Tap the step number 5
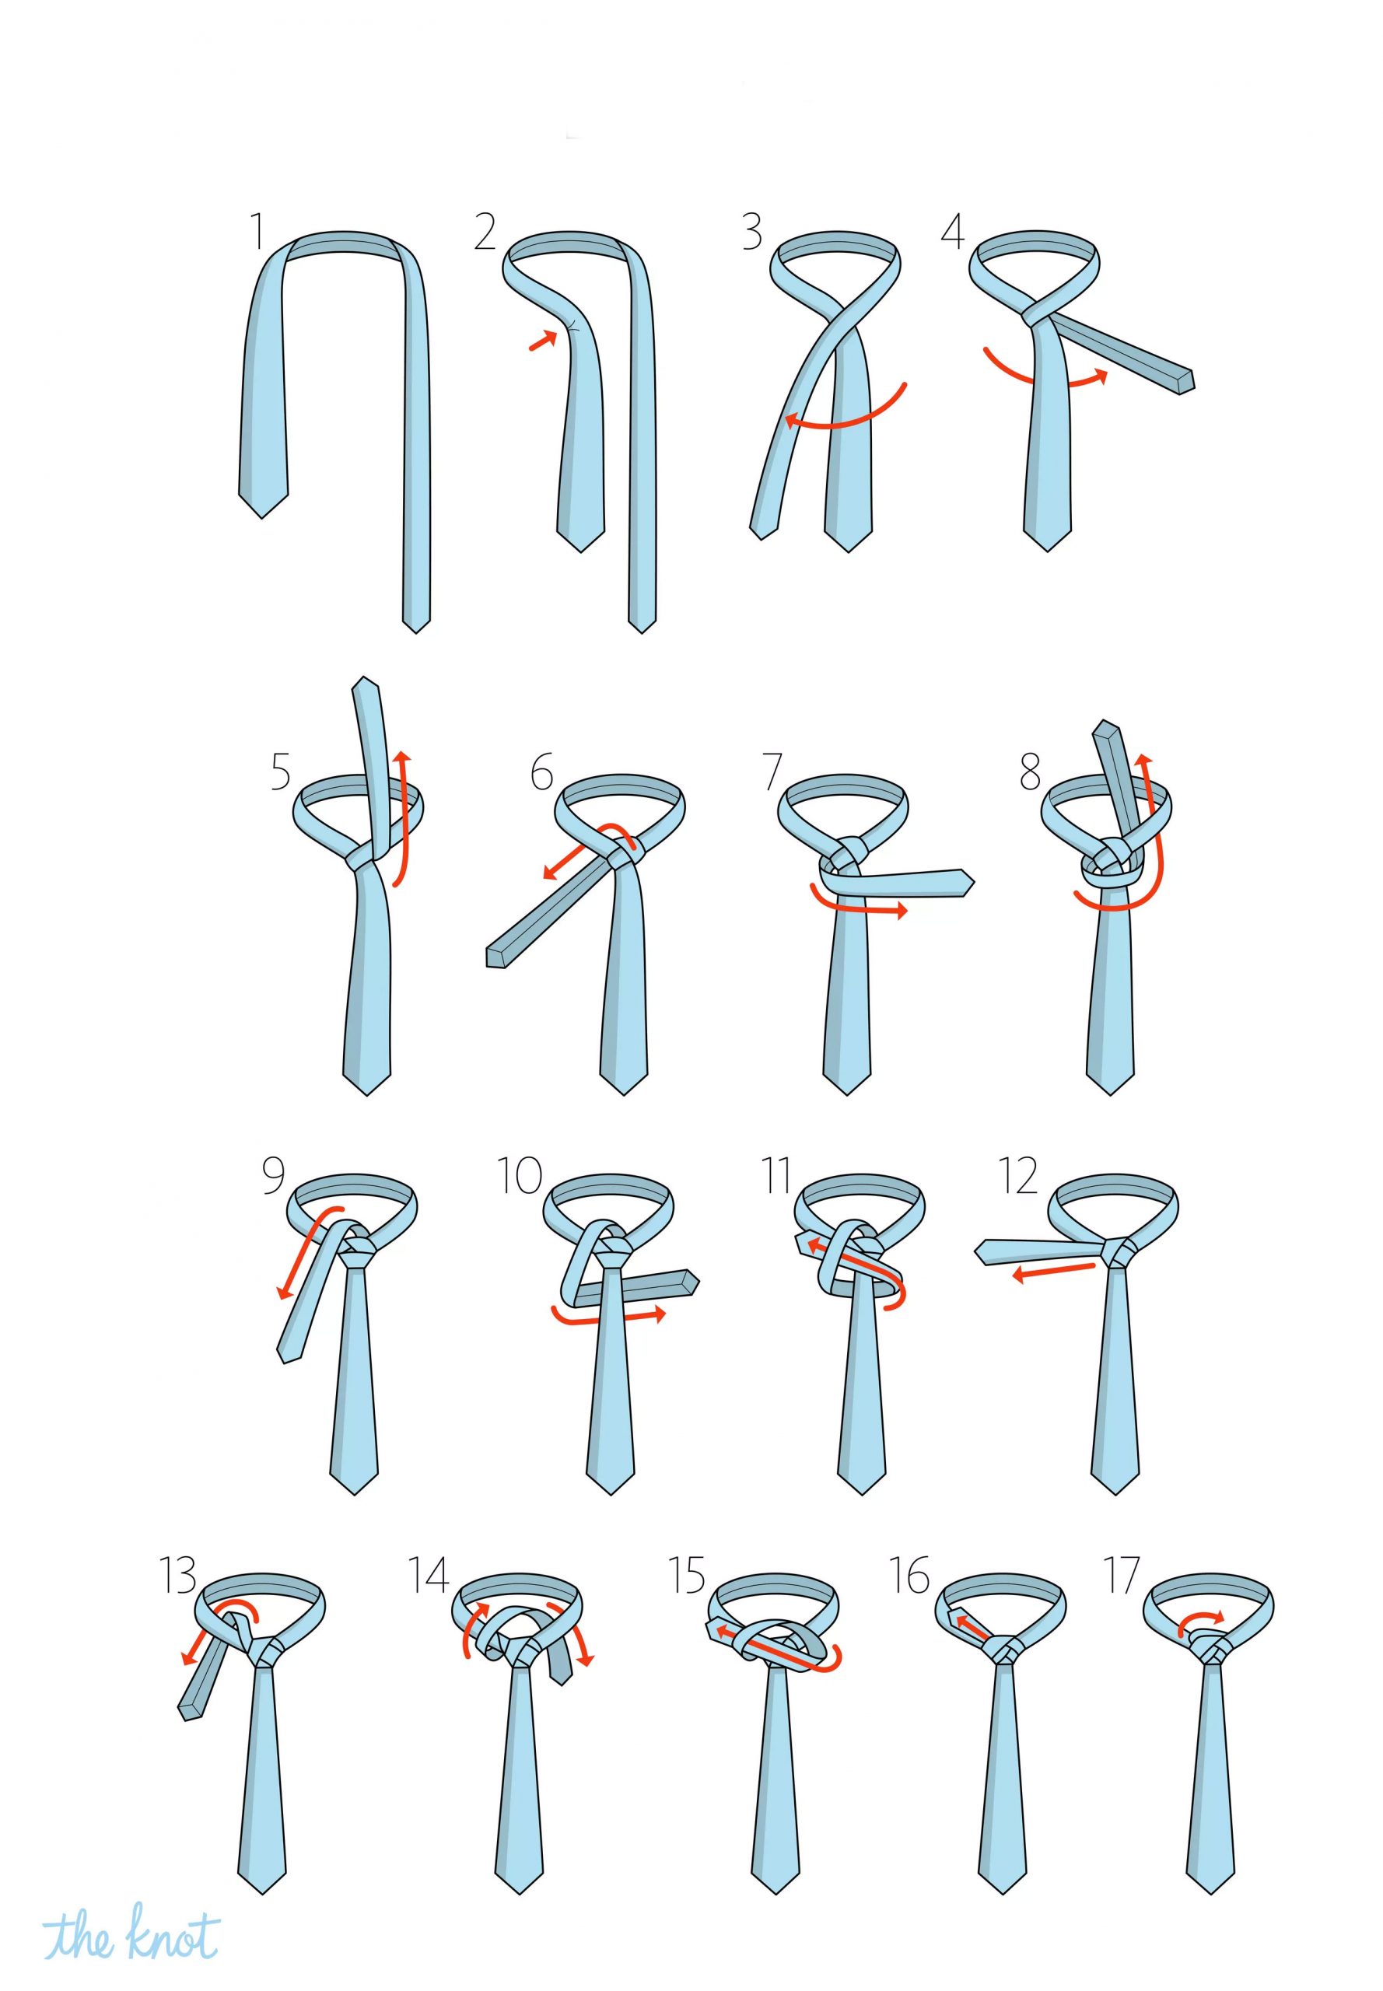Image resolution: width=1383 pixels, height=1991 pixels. [x=280, y=772]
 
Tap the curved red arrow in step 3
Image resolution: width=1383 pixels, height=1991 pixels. [x=845, y=422]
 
